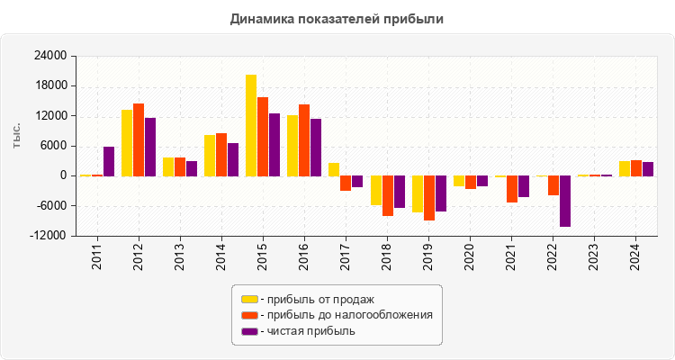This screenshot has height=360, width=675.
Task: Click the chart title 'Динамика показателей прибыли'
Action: [x=337, y=18]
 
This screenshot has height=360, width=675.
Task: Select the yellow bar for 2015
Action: [x=251, y=125]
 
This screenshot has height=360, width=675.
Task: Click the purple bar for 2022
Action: [x=565, y=201]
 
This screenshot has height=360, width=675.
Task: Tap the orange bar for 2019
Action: [x=429, y=198]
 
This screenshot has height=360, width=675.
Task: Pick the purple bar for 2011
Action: [x=109, y=161]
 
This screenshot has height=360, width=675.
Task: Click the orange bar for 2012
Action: [x=139, y=139]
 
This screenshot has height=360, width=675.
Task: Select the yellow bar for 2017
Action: [x=334, y=169]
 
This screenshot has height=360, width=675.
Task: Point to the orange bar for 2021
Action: [x=512, y=189]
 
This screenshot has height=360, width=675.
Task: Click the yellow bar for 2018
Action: [x=376, y=191]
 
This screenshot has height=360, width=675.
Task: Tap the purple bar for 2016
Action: [x=316, y=147]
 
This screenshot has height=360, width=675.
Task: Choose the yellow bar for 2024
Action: [x=625, y=168]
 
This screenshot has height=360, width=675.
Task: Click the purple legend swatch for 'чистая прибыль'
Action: [x=249, y=331]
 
